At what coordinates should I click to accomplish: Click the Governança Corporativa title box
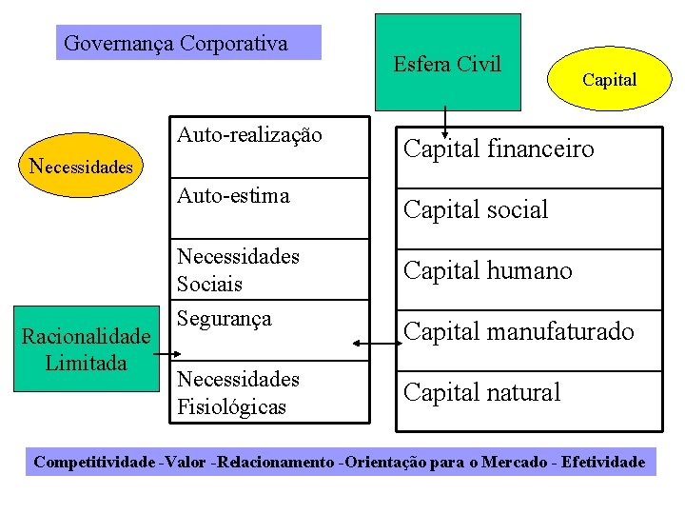coord(188,43)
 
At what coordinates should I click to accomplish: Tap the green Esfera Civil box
coord(447,63)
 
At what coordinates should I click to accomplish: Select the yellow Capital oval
coord(609,80)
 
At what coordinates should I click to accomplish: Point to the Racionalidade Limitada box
coord(87,349)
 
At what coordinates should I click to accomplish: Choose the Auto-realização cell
coord(269,148)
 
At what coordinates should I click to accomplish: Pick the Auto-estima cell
coord(269,208)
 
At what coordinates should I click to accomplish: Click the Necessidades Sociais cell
coord(269,270)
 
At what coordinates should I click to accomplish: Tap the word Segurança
coord(225,319)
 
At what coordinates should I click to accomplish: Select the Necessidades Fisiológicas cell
coord(269,393)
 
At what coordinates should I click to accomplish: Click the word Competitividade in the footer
coord(94,463)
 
